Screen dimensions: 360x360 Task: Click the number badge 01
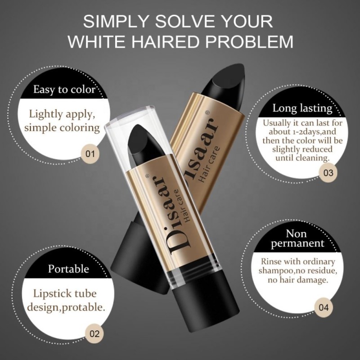click(90, 153)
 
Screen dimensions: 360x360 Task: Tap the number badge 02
click(94, 333)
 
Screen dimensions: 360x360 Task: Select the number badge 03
click(328, 173)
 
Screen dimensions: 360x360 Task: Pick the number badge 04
click(324, 307)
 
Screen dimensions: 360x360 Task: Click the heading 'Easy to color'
click(64, 89)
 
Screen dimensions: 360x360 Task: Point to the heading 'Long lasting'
click(302, 108)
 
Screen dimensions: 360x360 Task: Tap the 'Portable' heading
click(68, 269)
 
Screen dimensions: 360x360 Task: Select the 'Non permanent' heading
click(297, 239)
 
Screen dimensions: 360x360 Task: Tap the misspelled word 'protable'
click(83, 307)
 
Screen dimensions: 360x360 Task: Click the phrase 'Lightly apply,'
click(62, 114)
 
